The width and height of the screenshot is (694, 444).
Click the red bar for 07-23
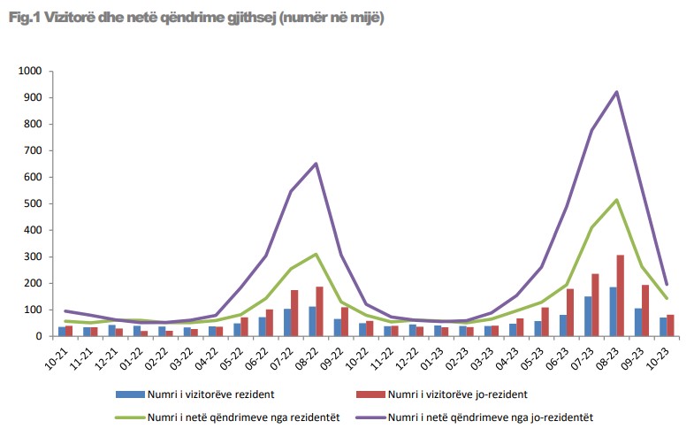click(596, 304)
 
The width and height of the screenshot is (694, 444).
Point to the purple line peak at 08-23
click(616, 91)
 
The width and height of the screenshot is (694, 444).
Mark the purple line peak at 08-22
click(316, 163)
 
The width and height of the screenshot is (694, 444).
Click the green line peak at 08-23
click(616, 200)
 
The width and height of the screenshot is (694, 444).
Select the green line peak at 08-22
click(316, 254)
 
